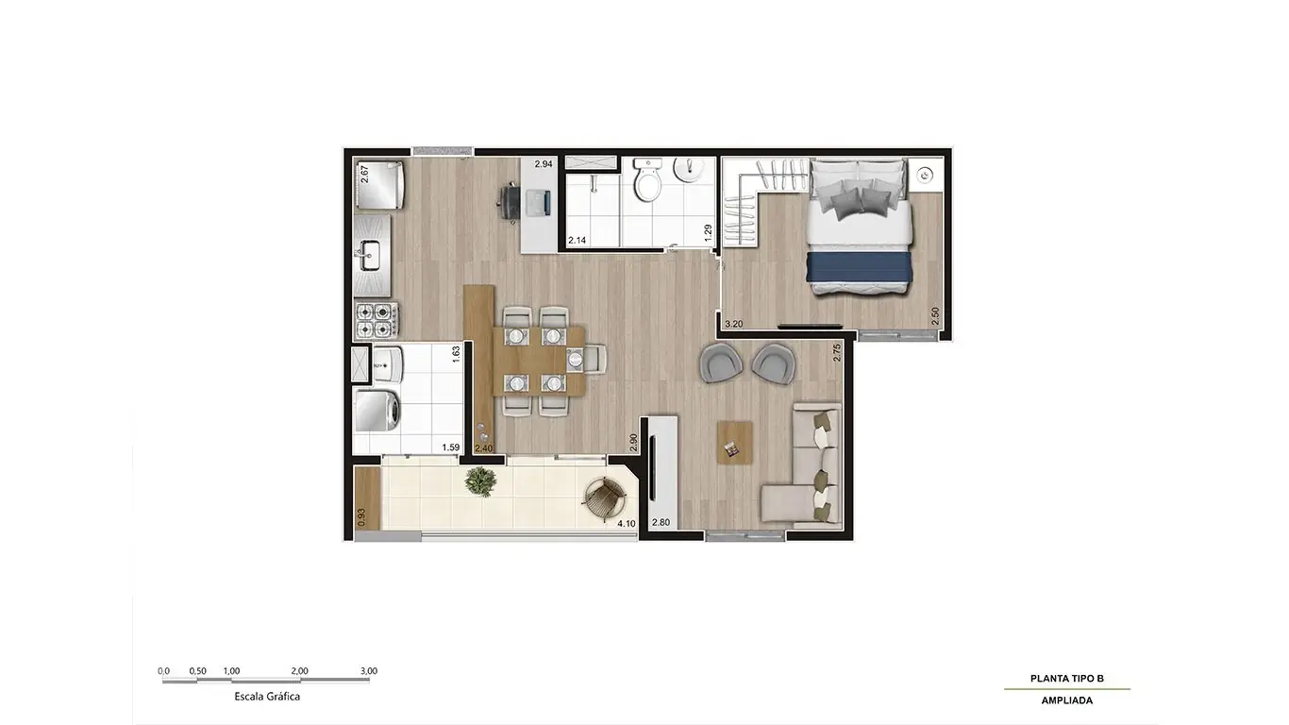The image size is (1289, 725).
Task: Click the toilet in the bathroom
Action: click(647, 180)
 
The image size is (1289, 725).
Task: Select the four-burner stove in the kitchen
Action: click(377, 319)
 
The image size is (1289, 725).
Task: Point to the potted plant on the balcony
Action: click(480, 482)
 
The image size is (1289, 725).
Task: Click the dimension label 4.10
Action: click(625, 523)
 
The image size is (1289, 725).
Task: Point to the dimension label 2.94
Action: click(543, 164)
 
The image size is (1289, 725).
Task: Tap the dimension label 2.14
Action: click(577, 241)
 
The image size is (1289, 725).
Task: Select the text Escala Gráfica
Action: click(267, 697)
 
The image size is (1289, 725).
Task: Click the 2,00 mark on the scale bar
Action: click(299, 671)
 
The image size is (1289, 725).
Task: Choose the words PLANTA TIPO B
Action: click(1066, 679)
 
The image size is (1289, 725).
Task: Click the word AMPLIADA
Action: click(1066, 700)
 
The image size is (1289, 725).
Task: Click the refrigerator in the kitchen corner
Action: click(379, 185)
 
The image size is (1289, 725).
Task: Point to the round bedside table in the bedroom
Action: click(926, 174)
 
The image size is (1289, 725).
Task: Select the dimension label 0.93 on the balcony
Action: click(360, 517)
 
